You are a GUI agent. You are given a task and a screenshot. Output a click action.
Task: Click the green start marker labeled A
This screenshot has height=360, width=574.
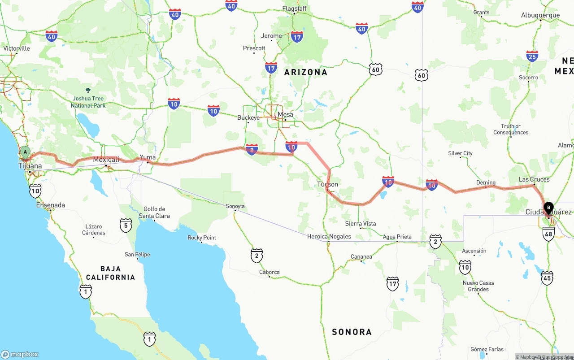[x=26, y=152]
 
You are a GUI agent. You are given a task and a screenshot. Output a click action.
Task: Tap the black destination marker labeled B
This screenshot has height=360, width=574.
[x=548, y=208]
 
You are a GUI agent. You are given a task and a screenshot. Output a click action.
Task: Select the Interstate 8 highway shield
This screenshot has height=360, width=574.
[x=252, y=149]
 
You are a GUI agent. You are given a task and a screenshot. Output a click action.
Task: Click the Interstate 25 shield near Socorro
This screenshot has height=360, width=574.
[x=532, y=56]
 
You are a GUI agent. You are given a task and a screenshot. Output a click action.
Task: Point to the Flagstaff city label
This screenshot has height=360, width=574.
[x=295, y=9]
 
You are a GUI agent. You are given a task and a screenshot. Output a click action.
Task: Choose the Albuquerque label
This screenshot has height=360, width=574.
[x=540, y=15]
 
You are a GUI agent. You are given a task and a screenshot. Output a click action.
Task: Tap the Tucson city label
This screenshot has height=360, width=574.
[x=327, y=184]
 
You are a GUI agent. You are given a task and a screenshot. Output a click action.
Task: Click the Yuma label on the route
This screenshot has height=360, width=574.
[x=148, y=157]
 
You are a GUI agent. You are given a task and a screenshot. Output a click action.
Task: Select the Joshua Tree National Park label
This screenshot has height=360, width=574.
[x=88, y=102]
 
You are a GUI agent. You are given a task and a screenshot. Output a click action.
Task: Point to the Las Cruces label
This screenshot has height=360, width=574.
[x=534, y=179]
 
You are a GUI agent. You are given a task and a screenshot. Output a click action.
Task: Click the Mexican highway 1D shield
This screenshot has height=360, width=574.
[x=35, y=191]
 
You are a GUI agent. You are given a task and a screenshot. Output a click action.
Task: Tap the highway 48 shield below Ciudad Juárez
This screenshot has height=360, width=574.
[x=548, y=234]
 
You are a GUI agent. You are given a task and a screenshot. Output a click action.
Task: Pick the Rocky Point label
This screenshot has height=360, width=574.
[x=202, y=238]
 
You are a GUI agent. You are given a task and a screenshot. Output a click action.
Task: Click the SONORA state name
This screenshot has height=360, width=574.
[x=352, y=332]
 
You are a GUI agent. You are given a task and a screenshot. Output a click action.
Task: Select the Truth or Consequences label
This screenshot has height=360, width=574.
[x=511, y=129]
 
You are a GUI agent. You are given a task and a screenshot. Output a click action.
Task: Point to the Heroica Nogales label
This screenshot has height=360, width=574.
[x=329, y=236]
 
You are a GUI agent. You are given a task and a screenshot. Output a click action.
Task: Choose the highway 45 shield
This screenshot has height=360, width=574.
[x=547, y=278]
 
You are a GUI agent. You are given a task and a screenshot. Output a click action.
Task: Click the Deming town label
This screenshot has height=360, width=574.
[x=486, y=182]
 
